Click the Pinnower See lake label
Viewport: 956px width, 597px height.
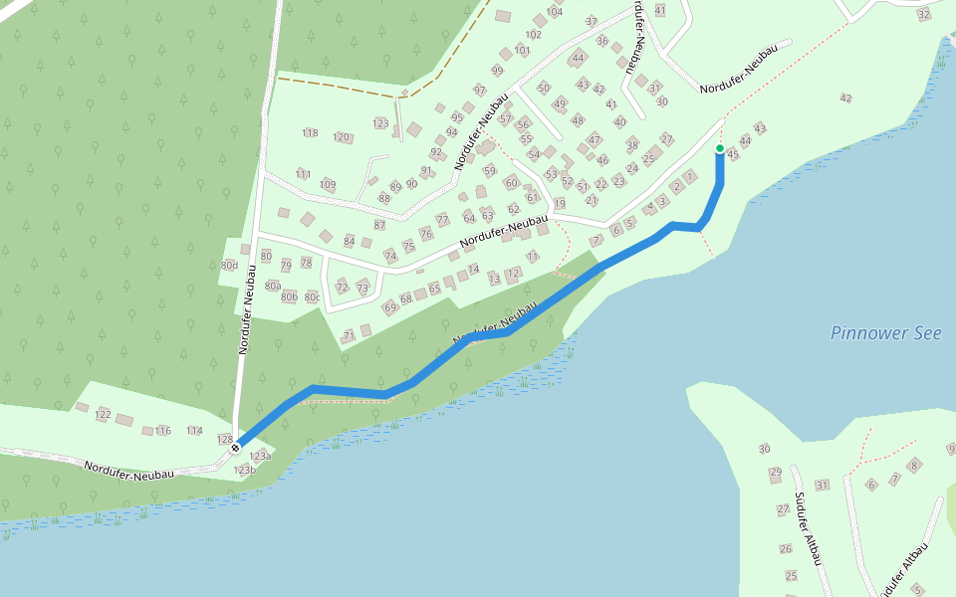[886, 333]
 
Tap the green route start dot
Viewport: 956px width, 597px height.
[720, 148]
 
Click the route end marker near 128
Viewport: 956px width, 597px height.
[236, 448]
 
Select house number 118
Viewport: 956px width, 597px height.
[310, 133]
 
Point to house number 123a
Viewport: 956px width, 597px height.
[260, 456]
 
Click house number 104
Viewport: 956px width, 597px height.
[555, 12]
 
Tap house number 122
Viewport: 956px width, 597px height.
[103, 414]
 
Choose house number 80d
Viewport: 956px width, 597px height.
[229, 266]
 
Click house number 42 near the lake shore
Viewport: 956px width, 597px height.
[846, 98]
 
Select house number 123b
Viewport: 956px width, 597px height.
[245, 470]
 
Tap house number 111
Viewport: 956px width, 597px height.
[304, 174]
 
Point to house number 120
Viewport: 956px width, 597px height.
[342, 137]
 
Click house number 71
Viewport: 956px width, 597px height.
[349, 336]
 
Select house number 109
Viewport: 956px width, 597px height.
[328, 185]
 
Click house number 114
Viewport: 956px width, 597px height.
[194, 431]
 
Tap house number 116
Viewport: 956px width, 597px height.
[163, 431]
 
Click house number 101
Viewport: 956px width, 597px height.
[523, 51]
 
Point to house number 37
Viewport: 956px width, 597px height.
[592, 22]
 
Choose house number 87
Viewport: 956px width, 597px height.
[379, 226]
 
